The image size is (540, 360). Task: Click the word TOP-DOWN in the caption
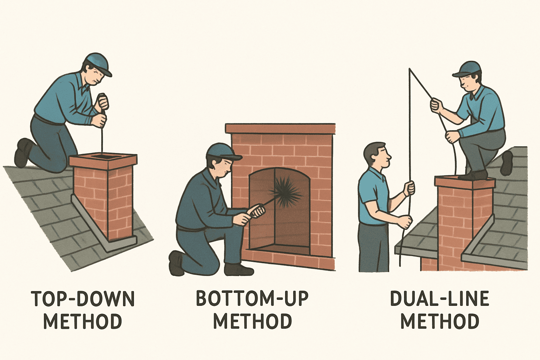(83, 299)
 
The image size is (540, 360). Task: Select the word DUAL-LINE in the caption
(439, 299)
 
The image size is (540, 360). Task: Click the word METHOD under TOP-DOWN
(83, 321)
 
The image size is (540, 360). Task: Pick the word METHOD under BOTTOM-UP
(252, 321)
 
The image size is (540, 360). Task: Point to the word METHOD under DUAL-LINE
(440, 321)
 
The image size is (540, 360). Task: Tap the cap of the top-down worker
(98, 63)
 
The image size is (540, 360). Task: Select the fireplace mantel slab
(280, 129)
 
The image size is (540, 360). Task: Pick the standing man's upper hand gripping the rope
(409, 188)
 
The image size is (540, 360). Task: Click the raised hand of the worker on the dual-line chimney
(436, 104)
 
